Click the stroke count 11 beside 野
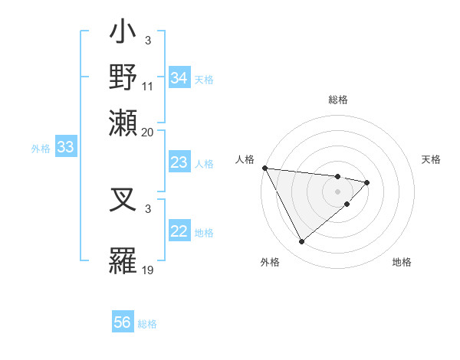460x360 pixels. pos(148,86)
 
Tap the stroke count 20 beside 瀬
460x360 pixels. pos(148,131)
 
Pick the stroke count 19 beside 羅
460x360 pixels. pos(148,269)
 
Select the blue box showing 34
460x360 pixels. pos(179,78)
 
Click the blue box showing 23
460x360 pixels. pos(179,162)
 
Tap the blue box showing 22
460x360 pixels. pos(179,231)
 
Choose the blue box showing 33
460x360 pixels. pos(64,148)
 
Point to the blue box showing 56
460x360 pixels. pos(123,323)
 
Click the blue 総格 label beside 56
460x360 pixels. pos(148,324)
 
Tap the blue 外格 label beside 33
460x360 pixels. pos(41,149)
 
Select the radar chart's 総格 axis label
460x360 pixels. pos(338,100)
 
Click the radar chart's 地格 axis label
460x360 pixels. pos(402,263)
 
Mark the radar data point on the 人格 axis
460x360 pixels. pos(264,168)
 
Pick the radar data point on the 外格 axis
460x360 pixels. pos(301,242)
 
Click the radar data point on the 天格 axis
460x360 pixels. pos(367,182)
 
